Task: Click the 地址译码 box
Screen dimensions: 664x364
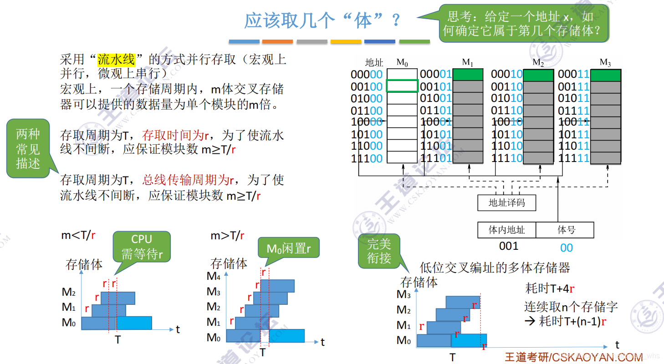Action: [x=506, y=202]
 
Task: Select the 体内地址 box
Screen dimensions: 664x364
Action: [x=506, y=230]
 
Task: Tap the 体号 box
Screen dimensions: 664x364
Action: [x=565, y=230]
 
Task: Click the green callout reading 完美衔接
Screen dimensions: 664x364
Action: [x=379, y=251]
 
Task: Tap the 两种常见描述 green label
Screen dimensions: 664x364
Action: [x=28, y=148]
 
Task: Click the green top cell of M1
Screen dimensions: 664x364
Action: [x=468, y=75]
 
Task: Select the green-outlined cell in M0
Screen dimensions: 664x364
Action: [x=402, y=86]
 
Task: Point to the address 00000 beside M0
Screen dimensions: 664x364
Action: [x=367, y=74]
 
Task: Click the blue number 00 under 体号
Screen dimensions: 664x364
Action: [x=566, y=248]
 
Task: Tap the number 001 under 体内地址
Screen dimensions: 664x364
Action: [x=508, y=246]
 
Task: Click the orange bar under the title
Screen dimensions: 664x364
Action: [x=277, y=41]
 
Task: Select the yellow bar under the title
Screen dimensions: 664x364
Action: [x=346, y=41]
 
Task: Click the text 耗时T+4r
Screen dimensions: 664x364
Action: [x=549, y=288]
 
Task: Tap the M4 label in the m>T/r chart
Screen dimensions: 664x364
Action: [x=213, y=276]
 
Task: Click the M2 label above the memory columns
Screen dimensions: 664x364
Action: [x=538, y=62]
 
